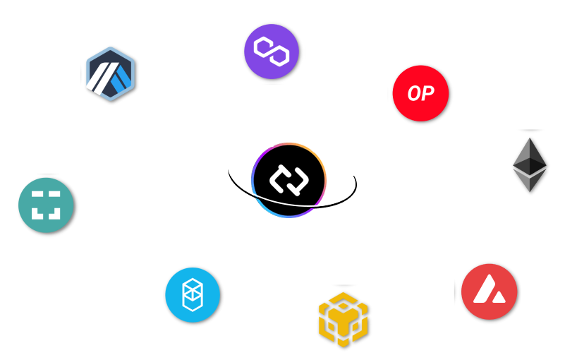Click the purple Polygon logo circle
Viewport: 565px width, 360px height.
[272, 52]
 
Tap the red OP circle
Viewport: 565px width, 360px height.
[420, 93]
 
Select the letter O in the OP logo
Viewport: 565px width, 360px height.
[413, 94]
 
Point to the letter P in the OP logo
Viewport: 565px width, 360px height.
[427, 94]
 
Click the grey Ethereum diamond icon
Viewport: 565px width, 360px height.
[529, 164]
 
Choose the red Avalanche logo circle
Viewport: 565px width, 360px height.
[489, 292]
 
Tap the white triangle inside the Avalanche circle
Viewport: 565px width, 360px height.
[489, 290]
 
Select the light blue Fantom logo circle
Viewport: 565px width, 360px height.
[193, 295]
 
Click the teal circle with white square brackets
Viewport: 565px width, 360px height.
[46, 205]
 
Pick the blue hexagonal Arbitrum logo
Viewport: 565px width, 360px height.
[110, 74]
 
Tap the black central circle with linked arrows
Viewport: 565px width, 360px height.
[288, 179]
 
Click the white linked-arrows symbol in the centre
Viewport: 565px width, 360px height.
[288, 179]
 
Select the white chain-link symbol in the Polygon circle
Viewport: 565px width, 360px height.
[272, 52]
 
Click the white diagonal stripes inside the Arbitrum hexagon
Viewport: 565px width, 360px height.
[107, 76]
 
